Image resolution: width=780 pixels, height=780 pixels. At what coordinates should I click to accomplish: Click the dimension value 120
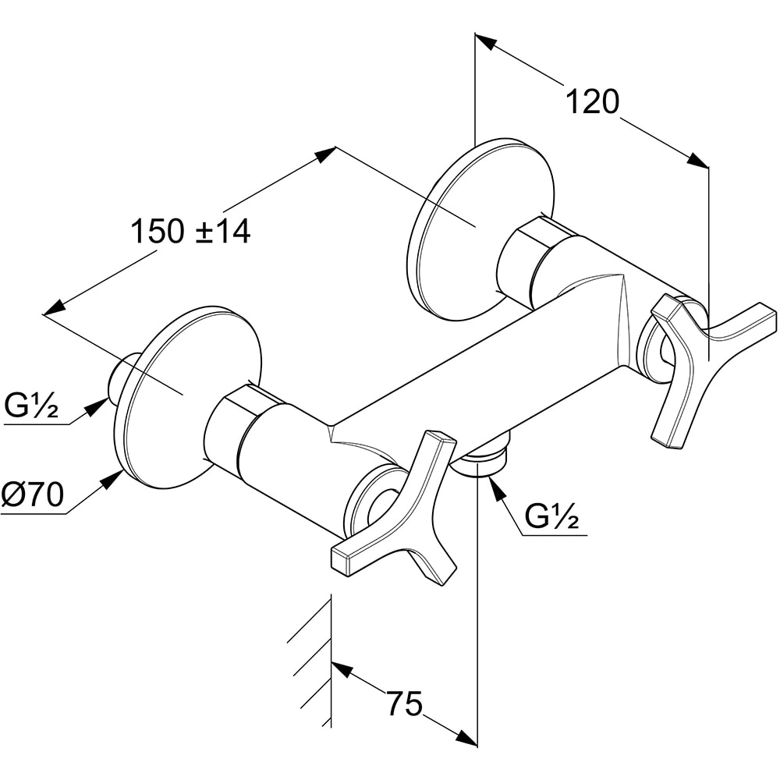[591, 102]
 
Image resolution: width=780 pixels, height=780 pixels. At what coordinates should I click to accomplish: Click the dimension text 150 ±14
[190, 232]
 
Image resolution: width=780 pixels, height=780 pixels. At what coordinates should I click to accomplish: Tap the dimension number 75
[404, 704]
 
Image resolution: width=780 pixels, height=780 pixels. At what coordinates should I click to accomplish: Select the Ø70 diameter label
[32, 495]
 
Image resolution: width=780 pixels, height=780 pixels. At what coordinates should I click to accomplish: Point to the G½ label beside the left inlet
[31, 406]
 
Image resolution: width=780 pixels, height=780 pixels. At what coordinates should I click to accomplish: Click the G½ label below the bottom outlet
[551, 517]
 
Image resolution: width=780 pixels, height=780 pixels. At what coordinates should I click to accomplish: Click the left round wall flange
[187, 398]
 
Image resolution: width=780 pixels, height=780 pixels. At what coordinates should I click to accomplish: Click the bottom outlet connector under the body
[482, 461]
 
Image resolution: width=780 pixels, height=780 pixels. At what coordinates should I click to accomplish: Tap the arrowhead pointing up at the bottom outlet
[494, 485]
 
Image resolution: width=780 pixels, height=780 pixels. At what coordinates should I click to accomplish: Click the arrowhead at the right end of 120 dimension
[697, 161]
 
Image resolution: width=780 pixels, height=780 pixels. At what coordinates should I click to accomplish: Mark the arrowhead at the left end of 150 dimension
[54, 309]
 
